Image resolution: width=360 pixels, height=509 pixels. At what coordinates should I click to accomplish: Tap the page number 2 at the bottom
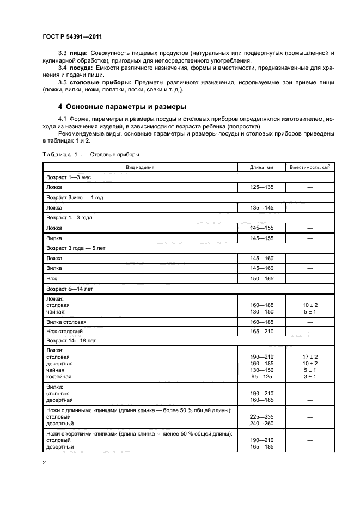point(44,463)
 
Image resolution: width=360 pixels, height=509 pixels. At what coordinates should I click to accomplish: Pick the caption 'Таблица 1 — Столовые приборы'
point(90,154)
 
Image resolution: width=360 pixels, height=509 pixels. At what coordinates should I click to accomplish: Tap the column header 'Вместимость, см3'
point(310,167)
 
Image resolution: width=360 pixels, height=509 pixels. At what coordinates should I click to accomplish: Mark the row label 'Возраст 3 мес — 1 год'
point(75,198)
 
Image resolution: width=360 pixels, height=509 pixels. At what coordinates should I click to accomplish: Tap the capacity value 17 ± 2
point(310,357)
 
